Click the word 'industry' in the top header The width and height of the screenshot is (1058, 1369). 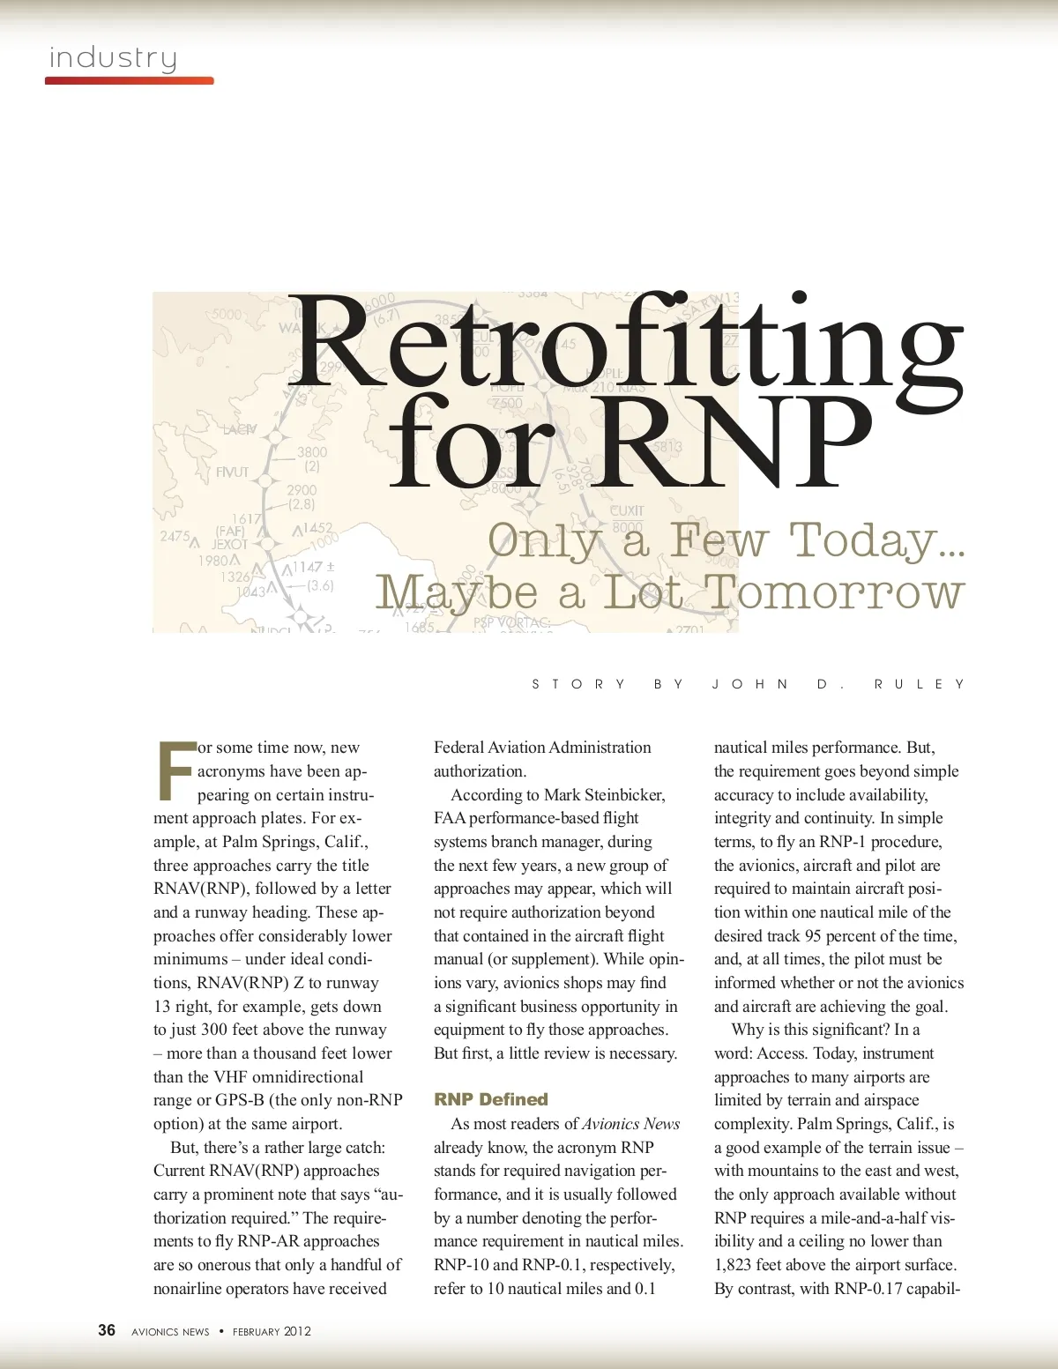[x=113, y=58]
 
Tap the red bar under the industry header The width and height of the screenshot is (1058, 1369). [x=129, y=81]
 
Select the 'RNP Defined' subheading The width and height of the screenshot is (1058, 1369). [x=490, y=1099]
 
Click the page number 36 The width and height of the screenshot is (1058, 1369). [x=107, y=1330]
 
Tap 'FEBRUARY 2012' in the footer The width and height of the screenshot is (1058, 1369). [x=272, y=1331]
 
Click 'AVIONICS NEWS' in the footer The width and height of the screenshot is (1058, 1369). [x=170, y=1331]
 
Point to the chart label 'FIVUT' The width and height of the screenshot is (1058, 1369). [x=232, y=472]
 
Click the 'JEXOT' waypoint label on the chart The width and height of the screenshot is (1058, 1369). [x=230, y=545]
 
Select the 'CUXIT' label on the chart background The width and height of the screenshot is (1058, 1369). [x=627, y=510]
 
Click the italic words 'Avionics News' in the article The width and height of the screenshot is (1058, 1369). [x=630, y=1124]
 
